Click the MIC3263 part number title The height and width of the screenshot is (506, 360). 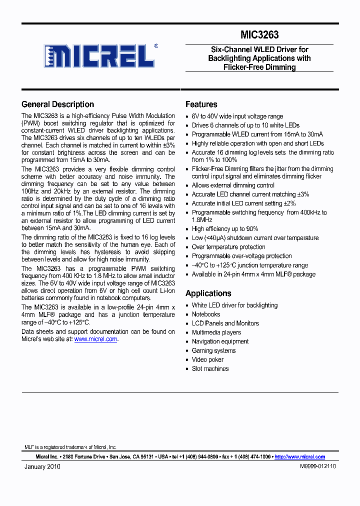tap(259, 35)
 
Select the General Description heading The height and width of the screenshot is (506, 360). tap(57, 104)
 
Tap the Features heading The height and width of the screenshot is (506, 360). tap(201, 104)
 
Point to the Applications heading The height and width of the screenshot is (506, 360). tap(208, 293)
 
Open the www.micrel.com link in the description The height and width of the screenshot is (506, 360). tap(95, 339)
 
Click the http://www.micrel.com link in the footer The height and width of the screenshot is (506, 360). tap(299, 456)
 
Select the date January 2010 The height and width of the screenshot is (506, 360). tap(42, 466)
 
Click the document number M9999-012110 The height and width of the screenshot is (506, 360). tap(317, 466)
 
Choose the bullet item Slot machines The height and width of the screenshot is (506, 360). tap(210, 368)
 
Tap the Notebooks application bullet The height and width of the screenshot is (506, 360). tap(205, 314)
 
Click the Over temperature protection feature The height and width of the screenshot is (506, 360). tap(228, 247)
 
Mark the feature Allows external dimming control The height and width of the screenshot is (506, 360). tap(233, 185)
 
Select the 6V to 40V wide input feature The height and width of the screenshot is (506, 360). tap(237, 116)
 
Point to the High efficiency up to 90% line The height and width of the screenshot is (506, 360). tap(225, 229)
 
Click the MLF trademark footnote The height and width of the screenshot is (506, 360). tap(70, 447)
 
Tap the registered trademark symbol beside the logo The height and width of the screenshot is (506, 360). tap(156, 45)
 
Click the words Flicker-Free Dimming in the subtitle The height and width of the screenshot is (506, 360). tap(259, 67)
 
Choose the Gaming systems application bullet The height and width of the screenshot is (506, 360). tap(213, 350)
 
